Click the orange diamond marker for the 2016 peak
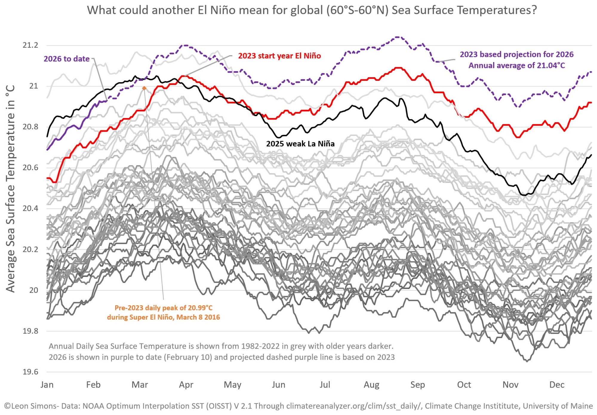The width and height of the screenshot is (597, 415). coord(144,88)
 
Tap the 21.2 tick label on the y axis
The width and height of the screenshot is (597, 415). coord(30,45)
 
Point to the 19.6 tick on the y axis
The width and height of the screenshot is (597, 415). coord(30,372)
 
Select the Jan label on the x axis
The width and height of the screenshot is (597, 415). coord(47,385)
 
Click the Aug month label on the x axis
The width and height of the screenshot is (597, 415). coord(371,385)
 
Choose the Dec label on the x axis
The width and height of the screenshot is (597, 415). coord(557,385)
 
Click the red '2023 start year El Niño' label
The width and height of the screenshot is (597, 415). coord(279,56)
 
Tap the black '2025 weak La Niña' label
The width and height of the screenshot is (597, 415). coord(300,144)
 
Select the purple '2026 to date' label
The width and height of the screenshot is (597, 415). coord(67,59)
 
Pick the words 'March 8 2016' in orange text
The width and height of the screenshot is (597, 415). coord(198,317)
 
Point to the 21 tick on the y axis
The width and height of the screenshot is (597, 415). coord(34,86)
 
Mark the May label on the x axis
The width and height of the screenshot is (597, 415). coord(233,385)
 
